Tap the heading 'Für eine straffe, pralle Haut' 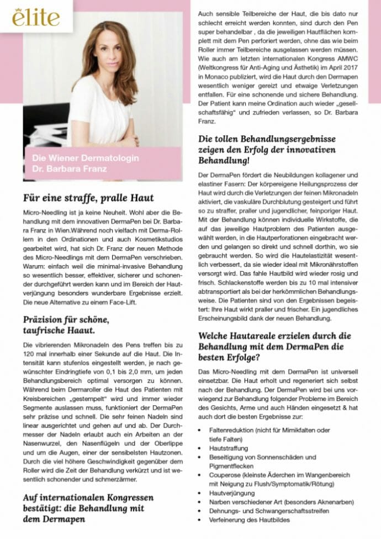(88, 198)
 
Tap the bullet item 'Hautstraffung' (229, 448)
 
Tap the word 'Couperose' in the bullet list (224, 474)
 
